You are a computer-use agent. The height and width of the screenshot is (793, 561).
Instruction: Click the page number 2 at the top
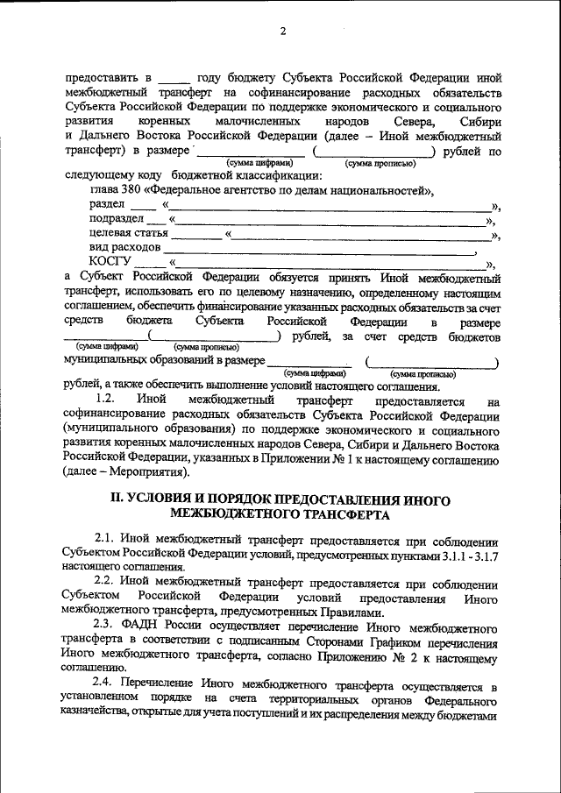tap(283, 32)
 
